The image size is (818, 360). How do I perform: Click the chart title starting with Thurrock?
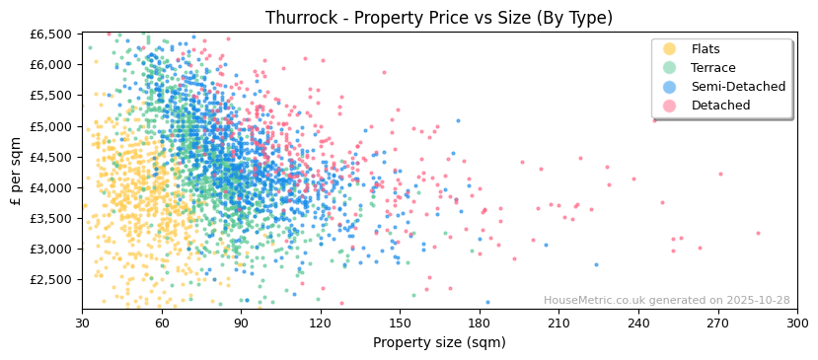(439, 18)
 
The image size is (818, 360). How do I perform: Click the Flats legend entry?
(706, 49)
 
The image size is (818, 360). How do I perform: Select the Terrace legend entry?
(712, 68)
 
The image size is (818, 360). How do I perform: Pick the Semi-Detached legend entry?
(738, 87)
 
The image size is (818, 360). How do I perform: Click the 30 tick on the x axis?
(82, 323)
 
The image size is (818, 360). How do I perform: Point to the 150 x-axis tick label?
(400, 323)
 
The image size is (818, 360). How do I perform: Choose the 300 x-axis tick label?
(797, 323)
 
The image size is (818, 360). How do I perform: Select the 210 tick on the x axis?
(558, 323)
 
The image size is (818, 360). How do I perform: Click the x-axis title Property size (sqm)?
(439, 343)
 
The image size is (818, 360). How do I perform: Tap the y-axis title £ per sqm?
(17, 171)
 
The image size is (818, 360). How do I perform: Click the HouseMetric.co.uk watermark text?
(666, 301)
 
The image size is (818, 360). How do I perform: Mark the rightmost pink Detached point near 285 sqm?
(758, 234)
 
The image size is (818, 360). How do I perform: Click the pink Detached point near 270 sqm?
(720, 175)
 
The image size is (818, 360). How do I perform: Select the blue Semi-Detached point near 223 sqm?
(596, 264)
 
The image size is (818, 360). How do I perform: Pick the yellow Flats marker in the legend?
(670, 49)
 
